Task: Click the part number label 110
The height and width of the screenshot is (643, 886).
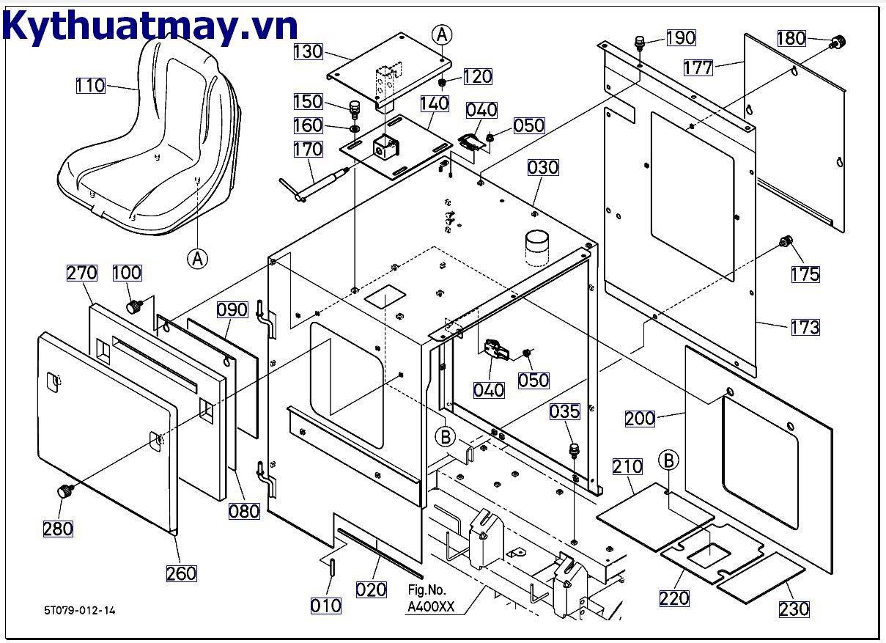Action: [90, 86]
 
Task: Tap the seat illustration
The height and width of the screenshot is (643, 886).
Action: [150, 139]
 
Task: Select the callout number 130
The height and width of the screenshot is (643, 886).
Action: [309, 51]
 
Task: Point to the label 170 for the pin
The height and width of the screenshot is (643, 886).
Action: [309, 150]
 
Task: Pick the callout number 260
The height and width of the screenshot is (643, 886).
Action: [181, 573]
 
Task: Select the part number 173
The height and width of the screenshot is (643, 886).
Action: [805, 327]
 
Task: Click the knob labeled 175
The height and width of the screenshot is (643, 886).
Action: [786, 241]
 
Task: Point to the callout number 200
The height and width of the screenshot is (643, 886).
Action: [640, 419]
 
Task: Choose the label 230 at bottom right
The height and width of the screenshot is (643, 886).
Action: [794, 609]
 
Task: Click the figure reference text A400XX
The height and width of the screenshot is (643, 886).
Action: [432, 607]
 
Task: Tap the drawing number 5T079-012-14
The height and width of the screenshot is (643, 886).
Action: [79, 610]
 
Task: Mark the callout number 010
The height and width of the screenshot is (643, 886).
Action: [325, 606]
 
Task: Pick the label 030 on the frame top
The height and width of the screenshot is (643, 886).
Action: [543, 168]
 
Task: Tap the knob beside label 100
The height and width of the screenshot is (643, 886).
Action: [133, 306]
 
